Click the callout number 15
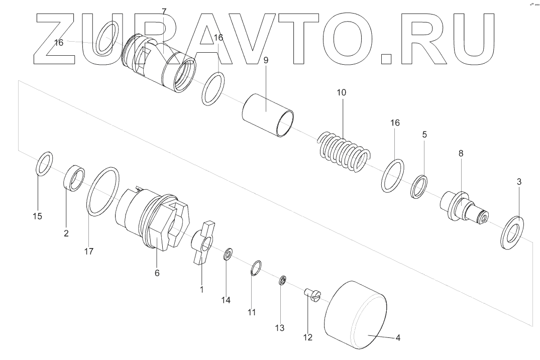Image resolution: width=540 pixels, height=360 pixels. pos(38,216)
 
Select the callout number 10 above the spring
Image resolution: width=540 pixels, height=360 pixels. pos(341,93)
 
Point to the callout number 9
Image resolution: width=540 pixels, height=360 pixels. pos(266,60)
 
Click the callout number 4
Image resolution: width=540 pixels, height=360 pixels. pos(397,338)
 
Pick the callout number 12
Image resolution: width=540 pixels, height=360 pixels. pos(308,338)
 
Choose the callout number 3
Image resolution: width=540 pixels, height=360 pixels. pos(519,182)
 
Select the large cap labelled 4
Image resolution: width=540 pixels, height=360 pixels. pos(356,315)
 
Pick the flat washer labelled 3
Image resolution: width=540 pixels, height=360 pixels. pos(511,231)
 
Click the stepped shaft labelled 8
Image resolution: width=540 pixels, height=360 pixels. pos(463,208)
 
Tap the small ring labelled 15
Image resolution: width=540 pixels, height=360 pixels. pos(44,163)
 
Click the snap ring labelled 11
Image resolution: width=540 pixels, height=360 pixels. pos(256,269)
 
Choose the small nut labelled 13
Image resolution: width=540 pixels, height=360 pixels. pos(283,280)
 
